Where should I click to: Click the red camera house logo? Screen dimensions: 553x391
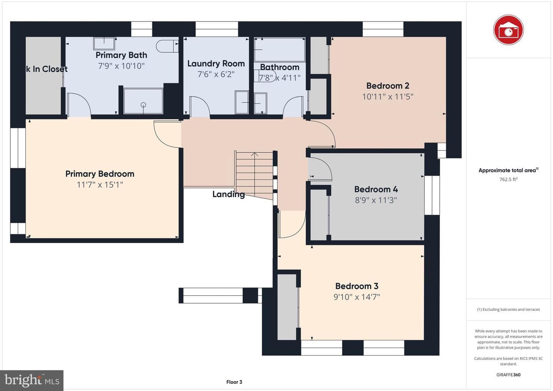click(x=508, y=30)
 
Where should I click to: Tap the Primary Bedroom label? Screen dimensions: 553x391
click(x=100, y=174)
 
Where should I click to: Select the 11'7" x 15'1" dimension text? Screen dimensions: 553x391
click(x=100, y=185)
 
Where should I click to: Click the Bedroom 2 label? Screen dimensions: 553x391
click(x=387, y=86)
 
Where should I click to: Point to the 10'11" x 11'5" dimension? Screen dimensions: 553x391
click(x=387, y=96)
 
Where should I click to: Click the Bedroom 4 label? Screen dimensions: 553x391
click(x=376, y=189)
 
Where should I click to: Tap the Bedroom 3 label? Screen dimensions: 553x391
click(x=357, y=286)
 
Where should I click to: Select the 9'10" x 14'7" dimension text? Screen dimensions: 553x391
click(x=357, y=297)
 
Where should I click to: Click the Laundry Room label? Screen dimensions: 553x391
click(x=216, y=63)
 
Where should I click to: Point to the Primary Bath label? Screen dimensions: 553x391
click(x=121, y=55)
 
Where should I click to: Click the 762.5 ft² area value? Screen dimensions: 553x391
click(x=508, y=179)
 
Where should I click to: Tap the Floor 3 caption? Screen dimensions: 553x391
click(x=234, y=382)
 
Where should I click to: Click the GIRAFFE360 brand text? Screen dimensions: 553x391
click(x=508, y=375)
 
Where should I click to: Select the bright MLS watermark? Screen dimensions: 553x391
click(x=32, y=380)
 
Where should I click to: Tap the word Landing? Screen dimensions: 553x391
click(x=228, y=194)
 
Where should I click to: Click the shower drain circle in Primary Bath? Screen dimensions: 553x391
click(x=143, y=105)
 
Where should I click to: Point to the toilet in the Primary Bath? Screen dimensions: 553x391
click(x=167, y=46)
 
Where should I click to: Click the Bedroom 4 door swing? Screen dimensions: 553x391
click(x=320, y=169)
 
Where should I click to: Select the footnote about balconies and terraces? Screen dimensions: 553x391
click(x=508, y=309)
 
